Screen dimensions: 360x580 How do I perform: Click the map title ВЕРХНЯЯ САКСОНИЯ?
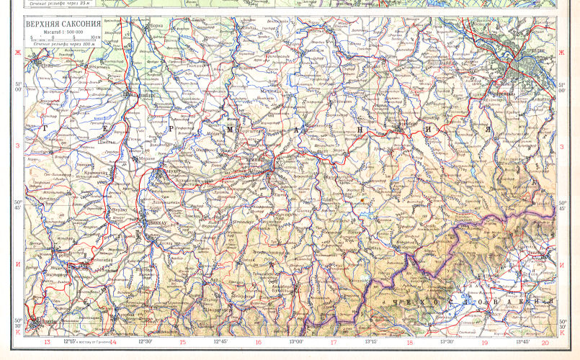[x=63, y=24]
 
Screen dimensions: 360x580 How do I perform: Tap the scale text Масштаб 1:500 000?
[x=63, y=32]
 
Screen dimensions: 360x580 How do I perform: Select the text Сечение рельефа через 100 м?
[x=63, y=45]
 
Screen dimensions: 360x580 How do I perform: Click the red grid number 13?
[x=48, y=343]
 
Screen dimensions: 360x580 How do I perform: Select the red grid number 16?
[x=258, y=343]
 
